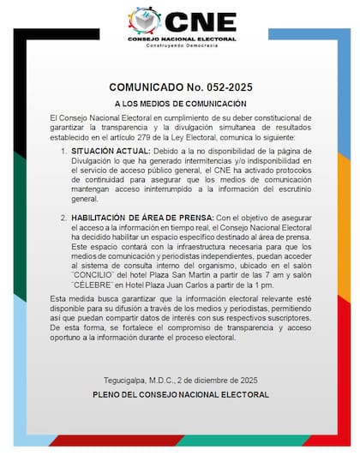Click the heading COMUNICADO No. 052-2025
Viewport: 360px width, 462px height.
click(x=180, y=88)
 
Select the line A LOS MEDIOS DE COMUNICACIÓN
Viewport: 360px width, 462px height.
click(x=180, y=103)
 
